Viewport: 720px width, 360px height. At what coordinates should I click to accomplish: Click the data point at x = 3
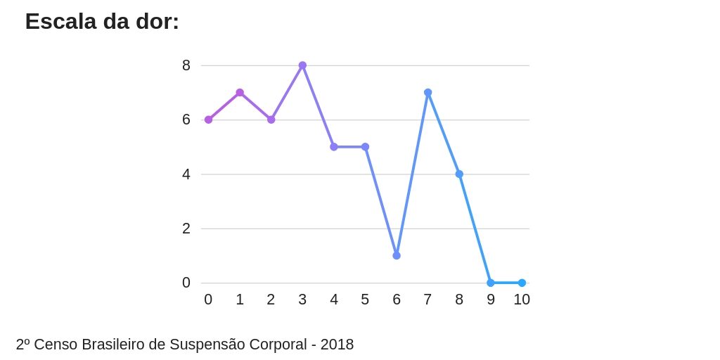click(x=302, y=65)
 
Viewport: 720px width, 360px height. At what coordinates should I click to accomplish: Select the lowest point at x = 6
click(x=397, y=255)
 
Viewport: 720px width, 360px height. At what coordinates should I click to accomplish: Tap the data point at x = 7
click(x=427, y=93)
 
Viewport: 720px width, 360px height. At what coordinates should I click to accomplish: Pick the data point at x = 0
click(x=208, y=120)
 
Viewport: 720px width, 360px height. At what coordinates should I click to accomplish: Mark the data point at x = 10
click(x=522, y=283)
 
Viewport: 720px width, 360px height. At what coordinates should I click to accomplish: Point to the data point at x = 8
click(x=459, y=174)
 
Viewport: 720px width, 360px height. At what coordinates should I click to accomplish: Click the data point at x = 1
click(x=240, y=93)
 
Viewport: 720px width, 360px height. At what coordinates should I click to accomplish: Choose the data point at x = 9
click(x=491, y=283)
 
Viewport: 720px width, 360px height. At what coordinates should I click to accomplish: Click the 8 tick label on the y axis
click(x=186, y=65)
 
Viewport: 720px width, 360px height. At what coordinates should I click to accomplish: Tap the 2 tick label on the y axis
click(x=186, y=229)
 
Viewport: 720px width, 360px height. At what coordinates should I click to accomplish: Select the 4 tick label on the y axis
click(x=186, y=174)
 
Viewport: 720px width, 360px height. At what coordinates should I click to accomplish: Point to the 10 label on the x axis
click(x=522, y=300)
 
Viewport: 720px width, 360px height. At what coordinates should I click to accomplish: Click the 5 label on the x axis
click(x=365, y=300)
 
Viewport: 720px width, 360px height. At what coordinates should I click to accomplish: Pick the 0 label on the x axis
click(x=208, y=300)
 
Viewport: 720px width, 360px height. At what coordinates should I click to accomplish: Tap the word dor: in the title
click(x=157, y=22)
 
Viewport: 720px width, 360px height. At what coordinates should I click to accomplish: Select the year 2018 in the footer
click(x=337, y=345)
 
